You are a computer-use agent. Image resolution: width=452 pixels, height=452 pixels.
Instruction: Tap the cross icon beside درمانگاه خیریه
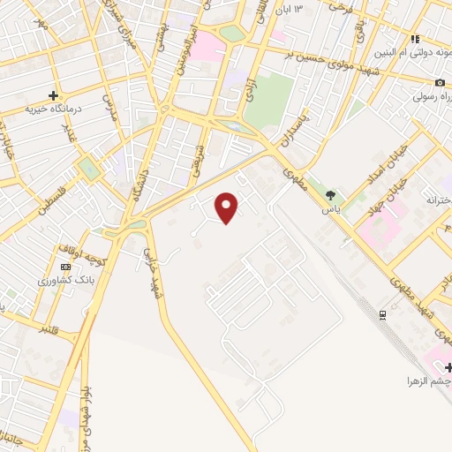(54, 94)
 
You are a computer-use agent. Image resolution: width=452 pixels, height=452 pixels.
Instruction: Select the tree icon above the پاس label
(331, 196)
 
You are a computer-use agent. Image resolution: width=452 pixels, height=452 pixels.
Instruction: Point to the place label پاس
(331, 210)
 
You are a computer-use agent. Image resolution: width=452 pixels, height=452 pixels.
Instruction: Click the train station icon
(382, 315)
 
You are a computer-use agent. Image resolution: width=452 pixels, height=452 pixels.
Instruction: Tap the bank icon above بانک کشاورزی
(65, 267)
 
